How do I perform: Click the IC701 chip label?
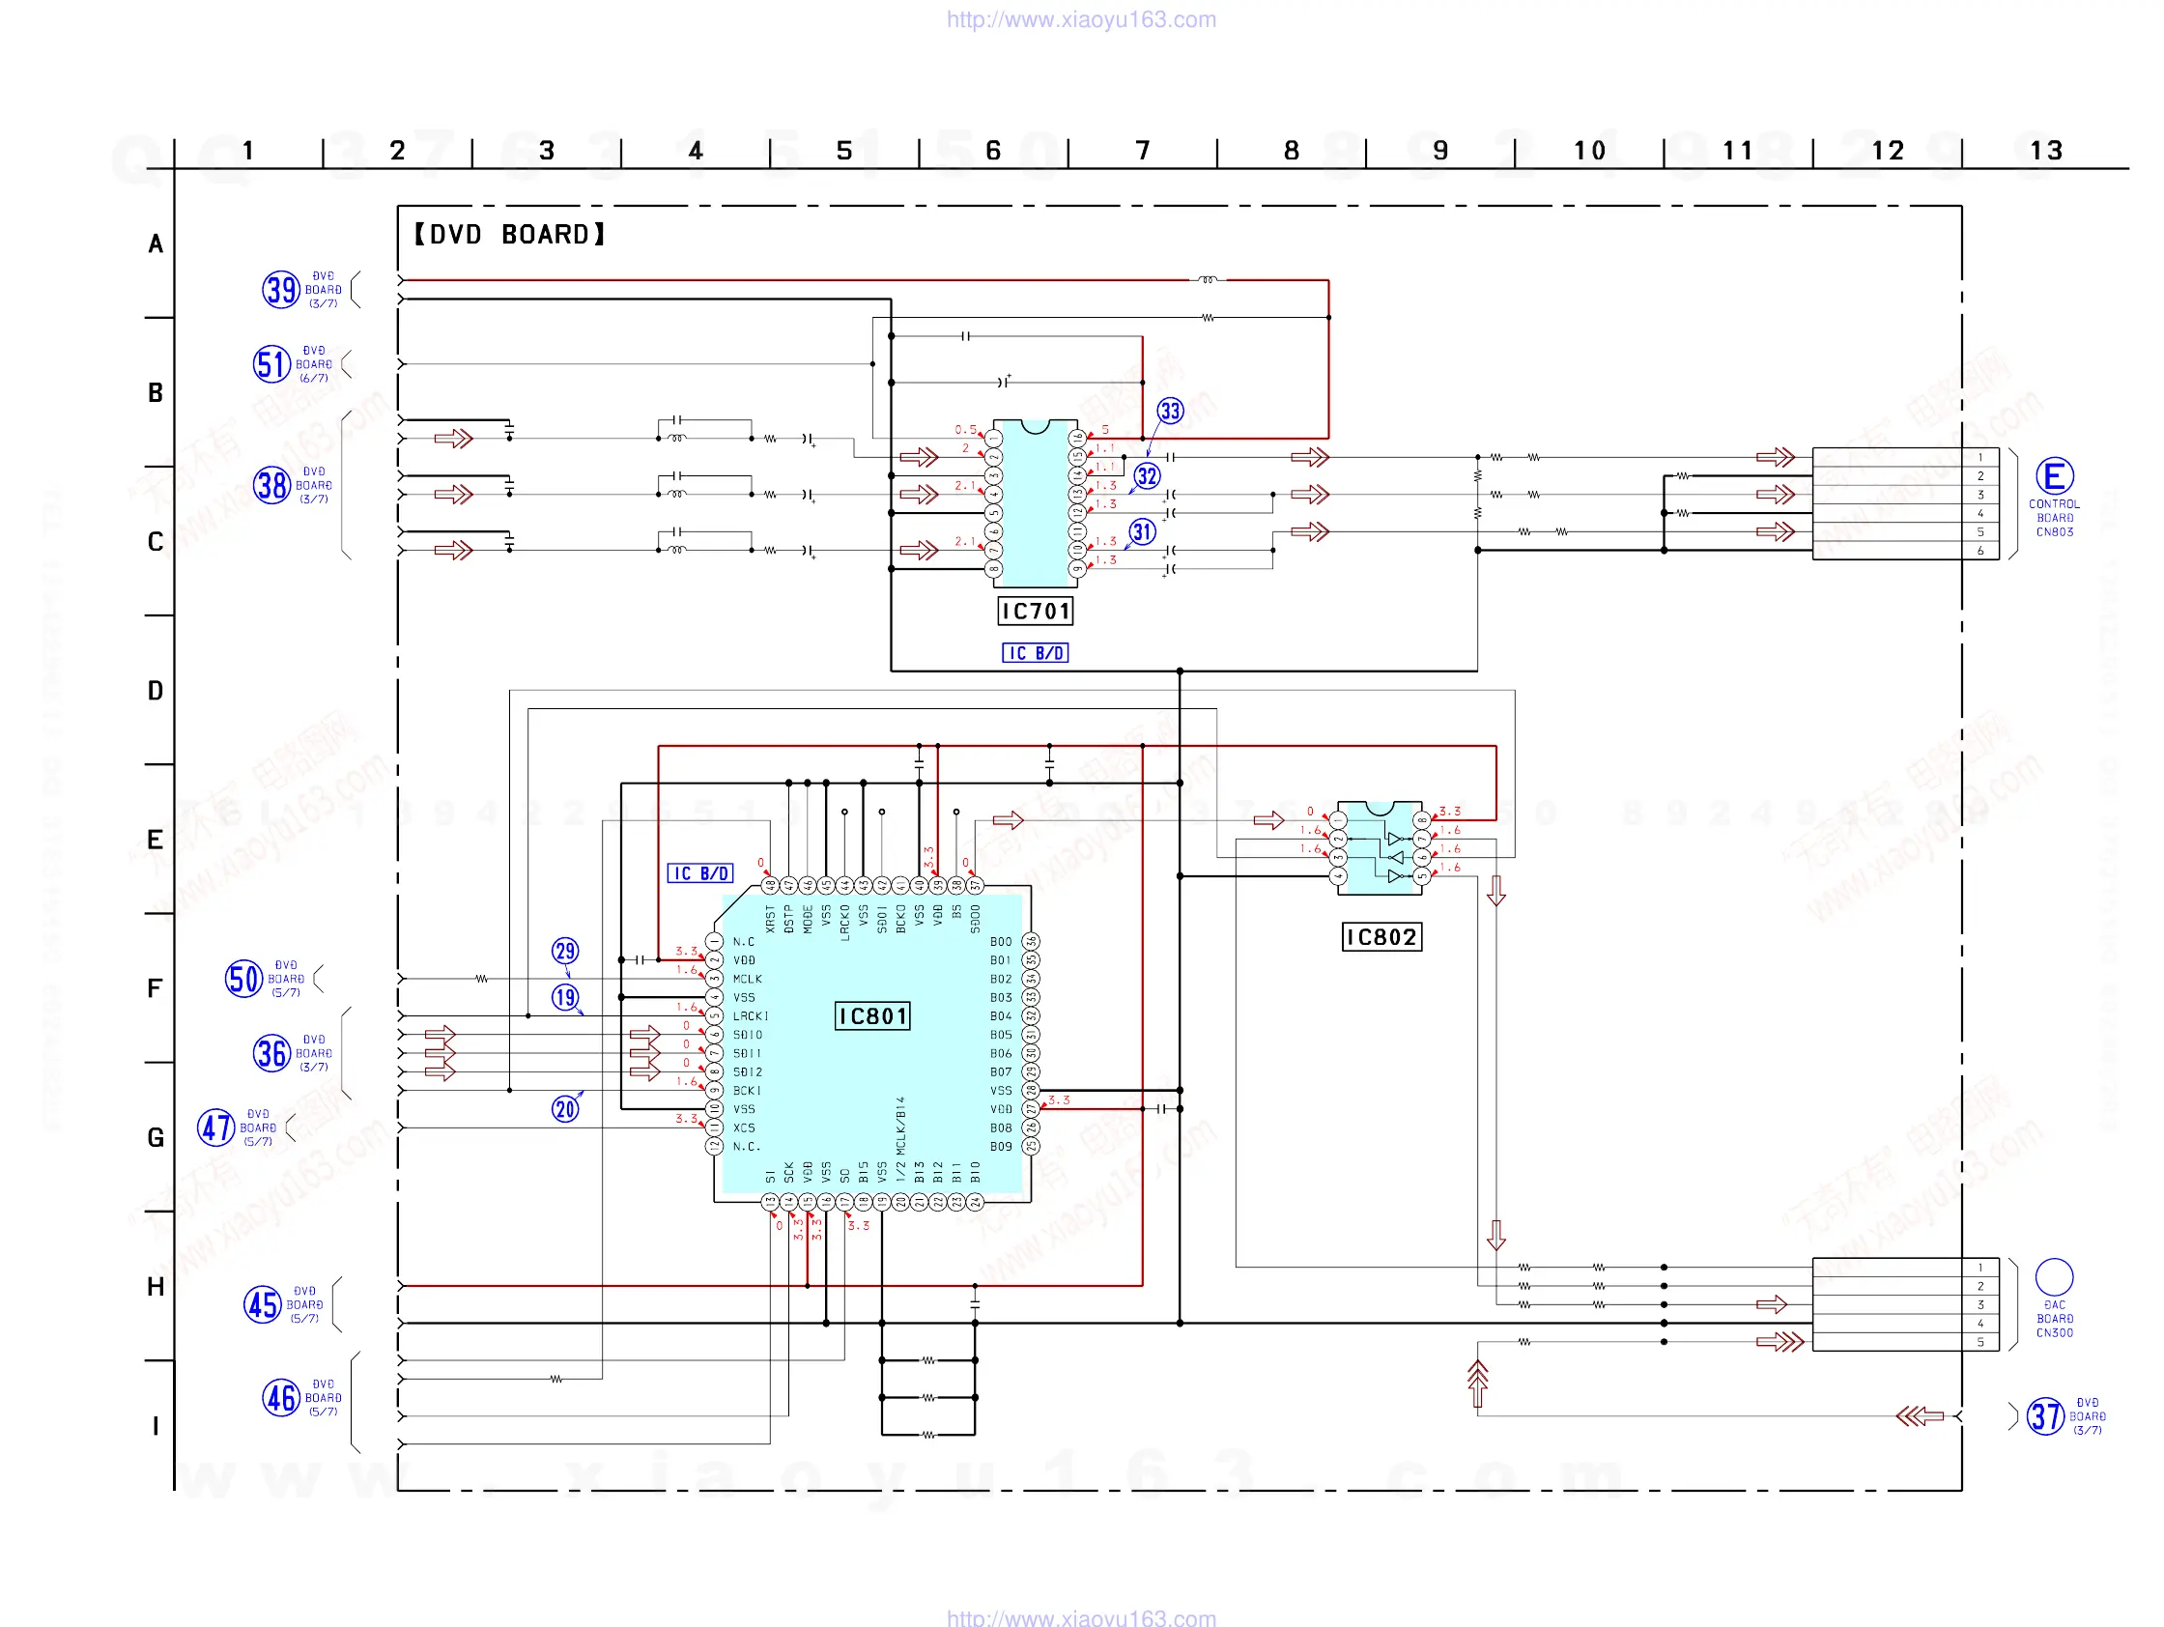click(x=1035, y=612)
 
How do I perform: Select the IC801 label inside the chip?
click(x=872, y=1016)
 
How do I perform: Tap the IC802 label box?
click(x=1381, y=937)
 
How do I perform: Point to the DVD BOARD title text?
click(x=509, y=235)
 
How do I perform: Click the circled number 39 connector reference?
click(x=281, y=290)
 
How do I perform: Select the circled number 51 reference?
click(x=271, y=364)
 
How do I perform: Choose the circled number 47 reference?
click(x=215, y=1128)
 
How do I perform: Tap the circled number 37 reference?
click(x=2044, y=1416)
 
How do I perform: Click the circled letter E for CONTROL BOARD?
click(x=2054, y=476)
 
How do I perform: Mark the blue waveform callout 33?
click(x=1170, y=411)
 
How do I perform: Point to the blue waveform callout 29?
click(x=565, y=951)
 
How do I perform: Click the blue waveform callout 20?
click(x=565, y=1109)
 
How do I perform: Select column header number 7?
click(x=1142, y=151)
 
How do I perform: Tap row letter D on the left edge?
click(x=156, y=691)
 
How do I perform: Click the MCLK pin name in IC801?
click(x=748, y=980)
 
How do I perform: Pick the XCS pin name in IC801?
click(x=745, y=1128)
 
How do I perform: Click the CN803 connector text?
click(x=2055, y=532)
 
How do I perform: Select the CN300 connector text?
click(x=2055, y=1332)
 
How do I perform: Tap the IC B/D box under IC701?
click(x=1035, y=653)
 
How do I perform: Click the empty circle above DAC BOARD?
click(x=2054, y=1276)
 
